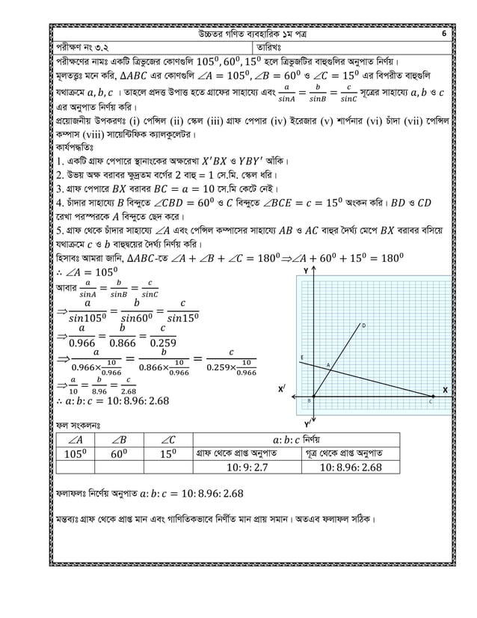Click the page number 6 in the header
click(x=444, y=34)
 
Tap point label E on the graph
click(x=301, y=357)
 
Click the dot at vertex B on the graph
click(x=312, y=397)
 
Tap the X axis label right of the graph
click(x=445, y=390)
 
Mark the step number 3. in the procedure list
click(x=61, y=189)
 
